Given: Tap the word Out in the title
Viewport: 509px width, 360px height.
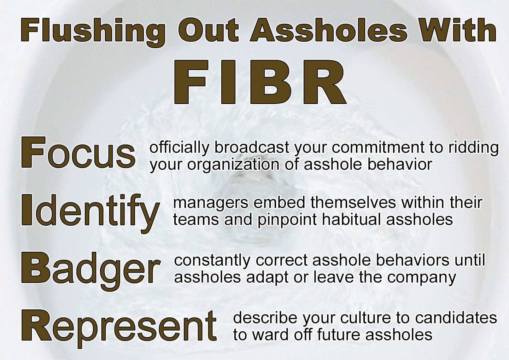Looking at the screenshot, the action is point(208,31).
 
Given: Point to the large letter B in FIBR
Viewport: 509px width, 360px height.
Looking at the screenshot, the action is point(271,82).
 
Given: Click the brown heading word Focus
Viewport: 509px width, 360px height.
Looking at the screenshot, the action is point(78,152).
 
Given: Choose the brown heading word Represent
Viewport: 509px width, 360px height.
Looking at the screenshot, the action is point(119,329).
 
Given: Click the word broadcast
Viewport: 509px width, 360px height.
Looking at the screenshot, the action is point(252,148).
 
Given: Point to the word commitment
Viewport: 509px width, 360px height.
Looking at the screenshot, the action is point(378,148).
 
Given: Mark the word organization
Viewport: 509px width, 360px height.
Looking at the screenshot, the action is point(233,165).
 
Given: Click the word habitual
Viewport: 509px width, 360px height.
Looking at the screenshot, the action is point(352,220).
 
